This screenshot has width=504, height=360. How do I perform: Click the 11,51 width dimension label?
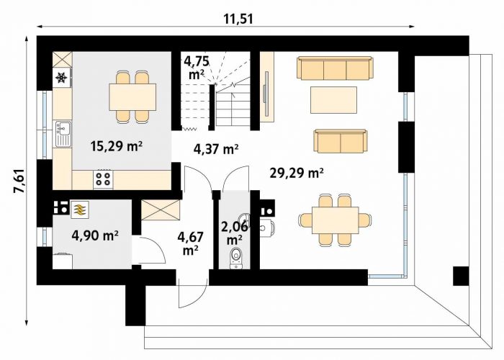[x=238, y=19]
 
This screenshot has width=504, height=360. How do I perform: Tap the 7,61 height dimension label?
[x=20, y=181]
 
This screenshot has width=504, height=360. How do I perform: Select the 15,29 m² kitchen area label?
[x=117, y=146]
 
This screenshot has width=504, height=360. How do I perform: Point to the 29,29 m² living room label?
[x=297, y=174]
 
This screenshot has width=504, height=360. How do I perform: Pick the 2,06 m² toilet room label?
[x=235, y=233]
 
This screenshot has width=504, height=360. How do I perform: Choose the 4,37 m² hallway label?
[x=216, y=149]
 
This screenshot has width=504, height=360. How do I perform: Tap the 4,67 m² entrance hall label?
[x=190, y=243]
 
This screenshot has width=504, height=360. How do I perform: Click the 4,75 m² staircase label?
[x=197, y=68]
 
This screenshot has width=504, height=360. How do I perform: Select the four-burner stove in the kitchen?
[x=103, y=179]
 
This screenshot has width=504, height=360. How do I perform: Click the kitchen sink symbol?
[x=63, y=134]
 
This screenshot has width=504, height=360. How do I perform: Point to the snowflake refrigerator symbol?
[x=61, y=78]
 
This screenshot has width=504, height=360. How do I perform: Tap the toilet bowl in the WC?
[x=236, y=256]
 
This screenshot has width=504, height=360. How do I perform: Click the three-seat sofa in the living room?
[x=336, y=68]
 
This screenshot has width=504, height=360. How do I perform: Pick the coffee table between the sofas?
[x=333, y=100]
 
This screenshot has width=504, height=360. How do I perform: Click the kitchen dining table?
[x=132, y=96]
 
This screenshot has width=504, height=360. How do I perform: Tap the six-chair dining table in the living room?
[x=336, y=220]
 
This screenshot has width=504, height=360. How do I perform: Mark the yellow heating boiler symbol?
[x=78, y=209]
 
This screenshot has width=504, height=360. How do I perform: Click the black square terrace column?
[x=461, y=276]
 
